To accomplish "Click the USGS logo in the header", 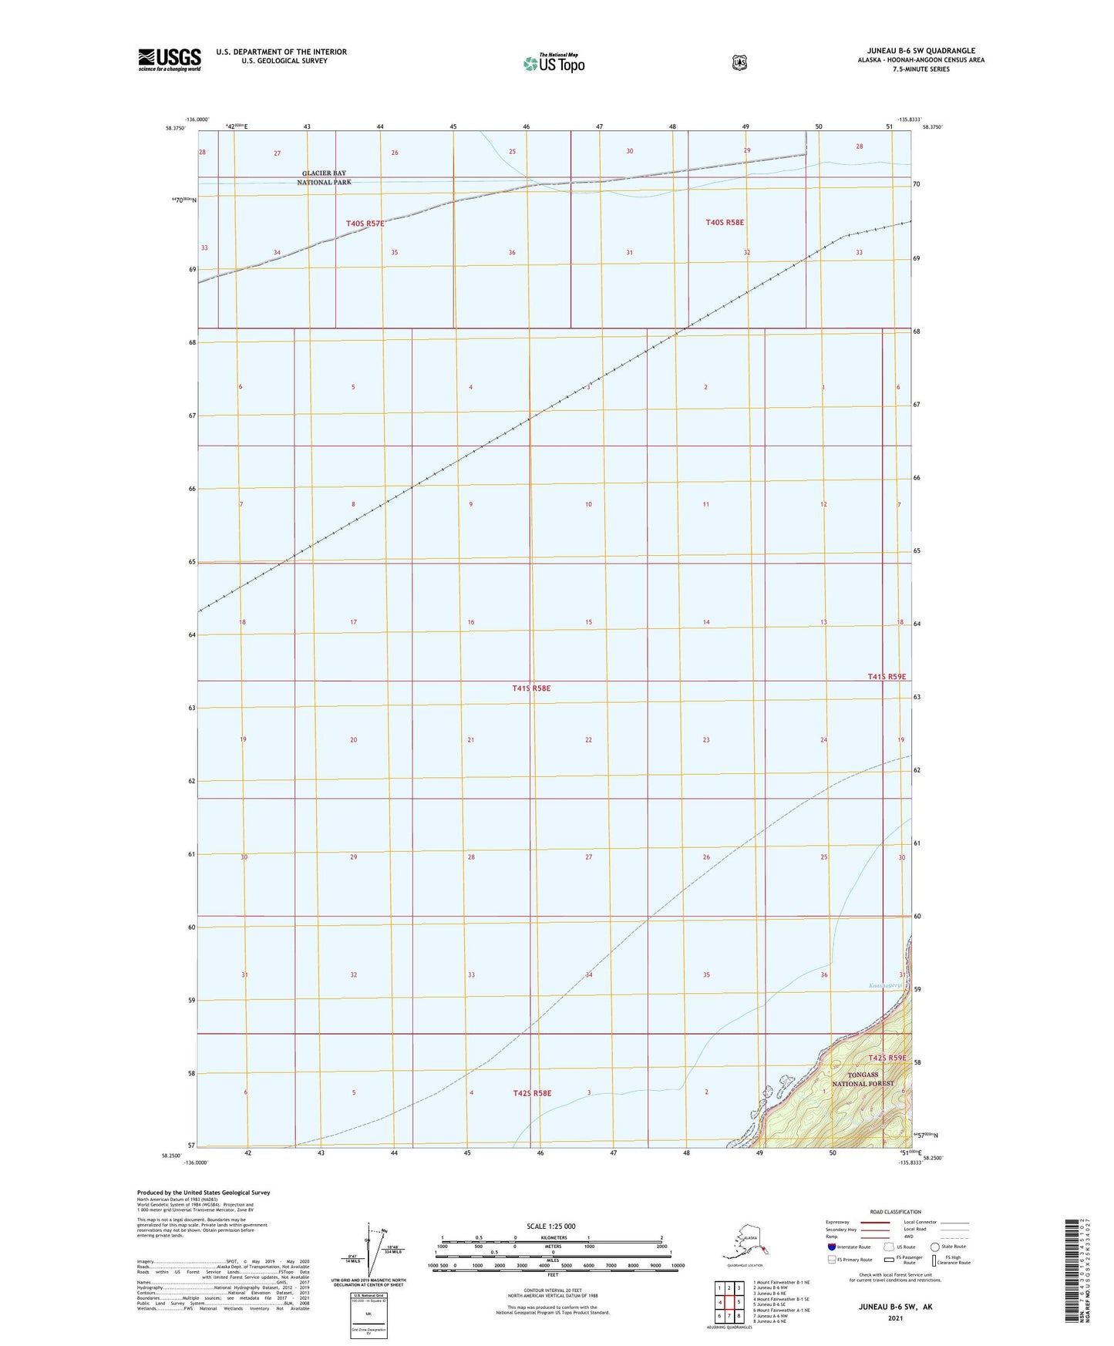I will tap(170, 59).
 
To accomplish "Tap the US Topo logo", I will tap(554, 63).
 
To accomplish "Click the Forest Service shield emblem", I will tap(739, 62).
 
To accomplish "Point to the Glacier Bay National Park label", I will tap(324, 178).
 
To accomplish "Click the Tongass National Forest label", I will tap(863, 1078).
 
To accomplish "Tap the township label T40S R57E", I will tap(365, 224).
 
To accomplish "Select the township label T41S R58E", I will tap(531, 688).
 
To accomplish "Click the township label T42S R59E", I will tap(887, 1058).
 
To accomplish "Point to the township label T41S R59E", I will tap(887, 676).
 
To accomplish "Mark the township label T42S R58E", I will tap(533, 1093).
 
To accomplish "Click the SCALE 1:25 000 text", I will tap(550, 1226).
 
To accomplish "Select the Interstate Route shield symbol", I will tap(831, 1247).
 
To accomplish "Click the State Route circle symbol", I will tap(935, 1247).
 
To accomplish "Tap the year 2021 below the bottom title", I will tap(895, 1317).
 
